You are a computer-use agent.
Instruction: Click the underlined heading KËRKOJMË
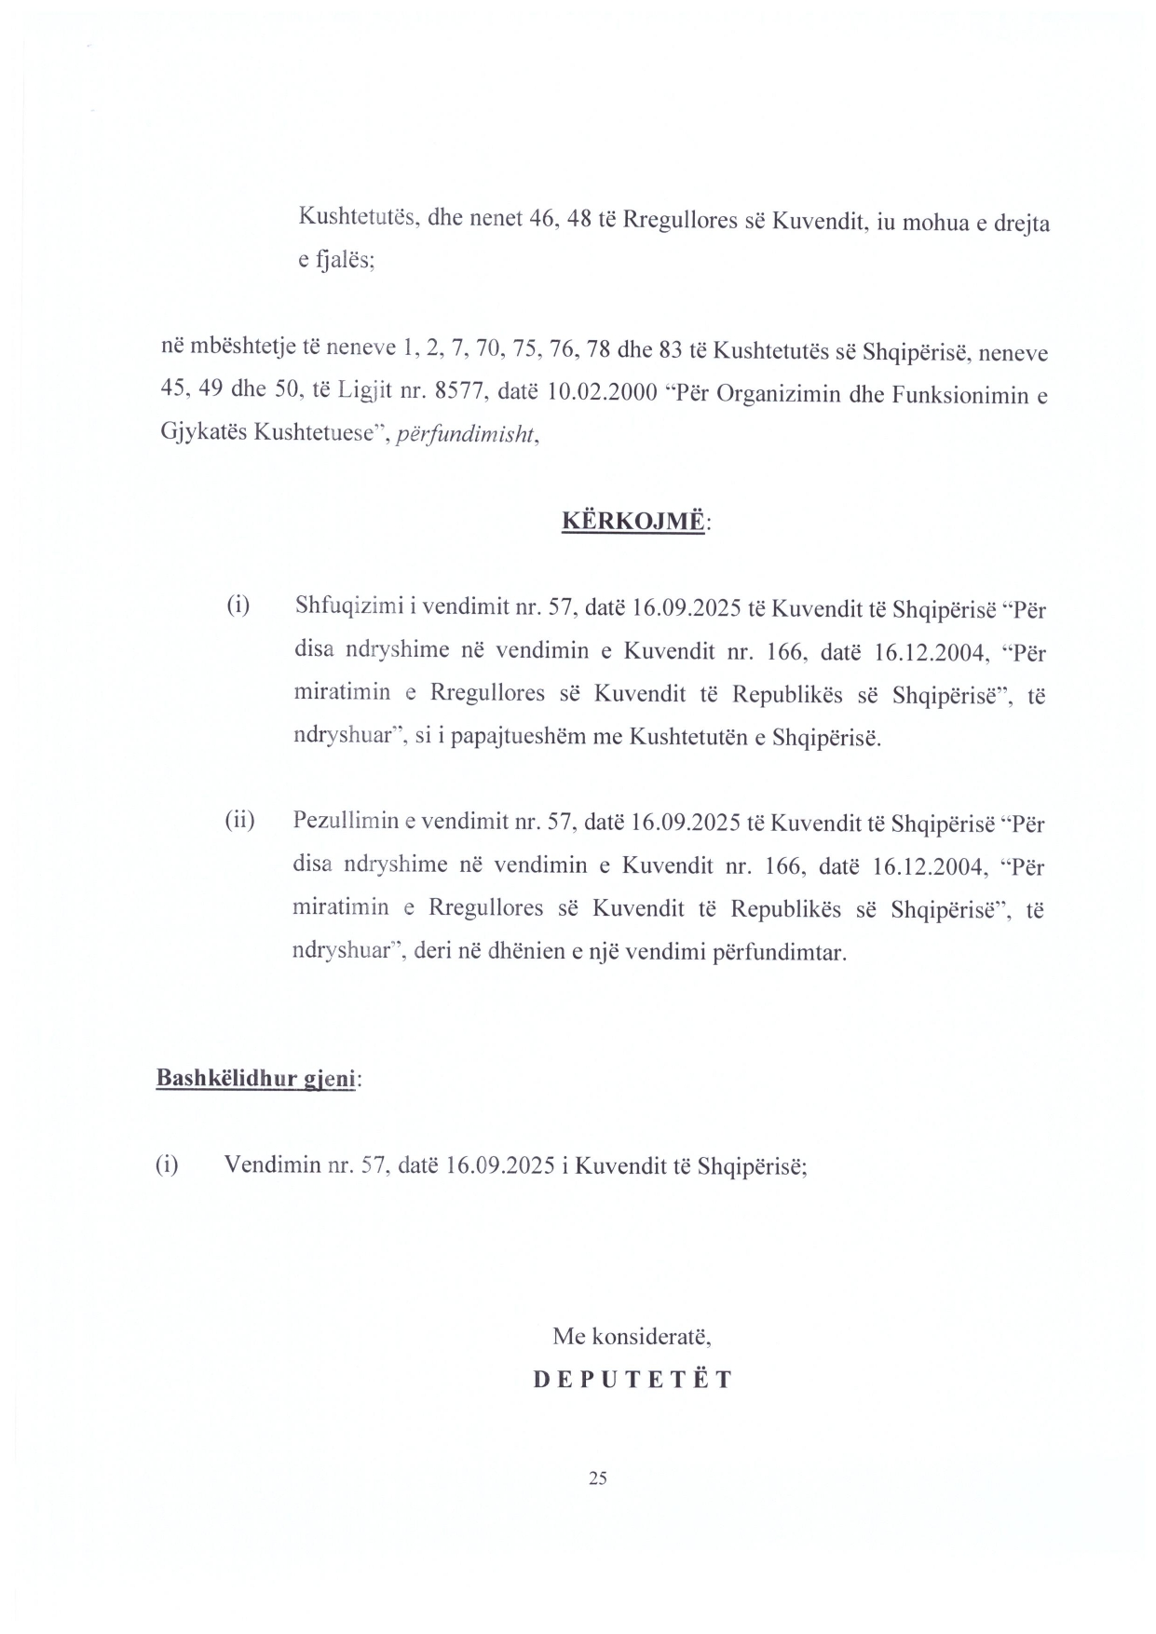(x=632, y=520)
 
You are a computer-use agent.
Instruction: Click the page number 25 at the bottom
(x=598, y=1477)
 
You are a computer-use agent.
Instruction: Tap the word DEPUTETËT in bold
(x=633, y=1380)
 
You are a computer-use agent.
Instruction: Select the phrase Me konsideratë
(x=632, y=1337)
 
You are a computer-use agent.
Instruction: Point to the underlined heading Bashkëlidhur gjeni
(x=256, y=1079)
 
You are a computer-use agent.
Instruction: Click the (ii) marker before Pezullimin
(x=239, y=821)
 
